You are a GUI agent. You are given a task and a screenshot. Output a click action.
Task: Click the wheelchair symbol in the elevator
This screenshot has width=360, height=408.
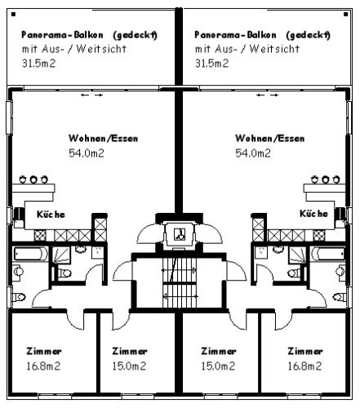pos(180,234)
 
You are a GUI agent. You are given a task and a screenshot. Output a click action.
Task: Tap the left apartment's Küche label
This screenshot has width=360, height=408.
pos(51,215)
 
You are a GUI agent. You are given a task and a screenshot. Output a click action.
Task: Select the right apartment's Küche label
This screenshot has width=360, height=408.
pos(313,214)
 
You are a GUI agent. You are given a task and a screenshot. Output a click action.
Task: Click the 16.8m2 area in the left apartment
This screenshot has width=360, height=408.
pos(43,366)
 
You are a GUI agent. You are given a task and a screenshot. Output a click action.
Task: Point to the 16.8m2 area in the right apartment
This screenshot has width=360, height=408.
pos(304,366)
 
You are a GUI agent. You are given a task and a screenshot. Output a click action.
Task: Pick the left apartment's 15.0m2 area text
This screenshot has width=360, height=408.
pos(129,366)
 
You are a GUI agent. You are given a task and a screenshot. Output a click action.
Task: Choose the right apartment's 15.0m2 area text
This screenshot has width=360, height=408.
pos(218,366)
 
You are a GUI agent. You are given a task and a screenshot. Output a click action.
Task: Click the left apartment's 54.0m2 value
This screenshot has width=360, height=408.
pos(87,153)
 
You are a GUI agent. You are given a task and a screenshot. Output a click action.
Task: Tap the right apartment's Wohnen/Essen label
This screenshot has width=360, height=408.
pos(269,138)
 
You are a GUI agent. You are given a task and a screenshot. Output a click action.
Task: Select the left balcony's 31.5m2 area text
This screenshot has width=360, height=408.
pos(38,64)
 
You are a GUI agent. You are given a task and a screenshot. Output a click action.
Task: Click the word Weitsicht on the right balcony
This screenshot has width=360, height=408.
pos(274,49)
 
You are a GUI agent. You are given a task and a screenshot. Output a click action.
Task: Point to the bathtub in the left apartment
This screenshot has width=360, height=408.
pos(31,254)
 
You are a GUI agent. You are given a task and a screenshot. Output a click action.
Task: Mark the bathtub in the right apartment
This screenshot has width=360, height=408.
pos(328,254)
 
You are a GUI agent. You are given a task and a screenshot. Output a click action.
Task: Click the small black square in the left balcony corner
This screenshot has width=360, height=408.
pos(14,14)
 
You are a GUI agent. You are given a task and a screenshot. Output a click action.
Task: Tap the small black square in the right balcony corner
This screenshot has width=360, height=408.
pos(345,14)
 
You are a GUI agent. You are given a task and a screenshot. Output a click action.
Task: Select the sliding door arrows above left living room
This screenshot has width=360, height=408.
pos(92,95)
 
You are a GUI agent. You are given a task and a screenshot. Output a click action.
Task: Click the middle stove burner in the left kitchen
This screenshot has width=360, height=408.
pos(33,180)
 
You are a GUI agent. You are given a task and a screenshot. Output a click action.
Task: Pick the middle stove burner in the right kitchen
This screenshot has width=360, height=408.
pos(326,180)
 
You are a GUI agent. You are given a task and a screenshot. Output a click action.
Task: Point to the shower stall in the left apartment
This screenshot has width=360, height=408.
pos(61,255)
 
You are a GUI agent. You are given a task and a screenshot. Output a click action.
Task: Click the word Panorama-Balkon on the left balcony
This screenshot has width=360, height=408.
pos(62,35)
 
